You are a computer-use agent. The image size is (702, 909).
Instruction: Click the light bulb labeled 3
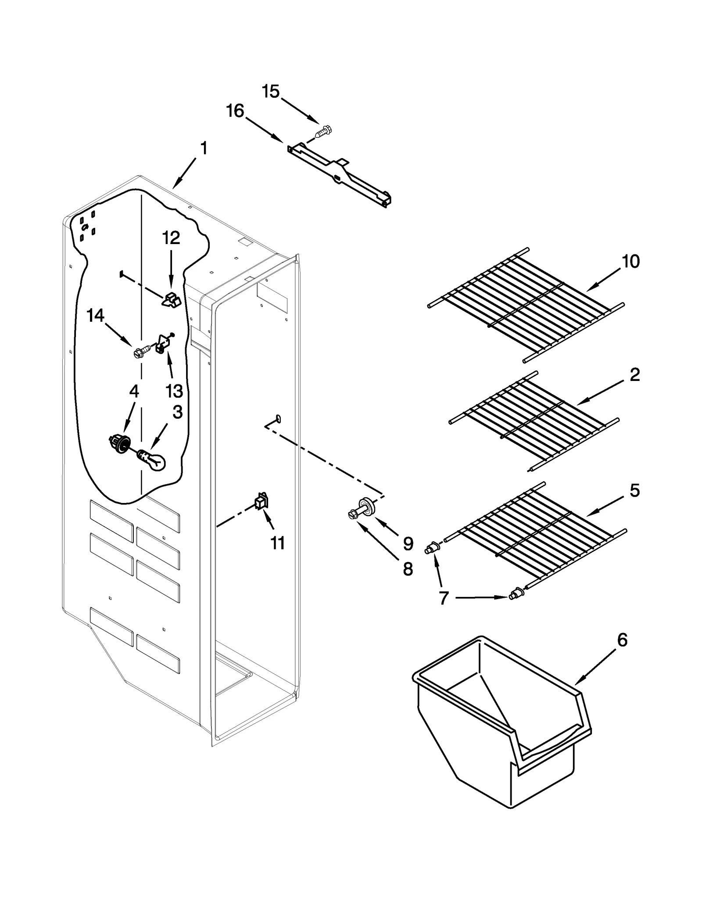point(152,460)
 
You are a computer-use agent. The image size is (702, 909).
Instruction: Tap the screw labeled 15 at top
point(324,131)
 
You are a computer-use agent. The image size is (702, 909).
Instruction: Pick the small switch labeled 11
point(261,501)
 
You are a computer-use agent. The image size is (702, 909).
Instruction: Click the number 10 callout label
point(630,262)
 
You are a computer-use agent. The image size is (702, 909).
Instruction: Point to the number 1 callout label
point(204,148)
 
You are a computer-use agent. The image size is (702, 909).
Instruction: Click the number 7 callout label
point(444,598)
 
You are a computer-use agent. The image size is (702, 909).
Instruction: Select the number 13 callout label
point(174,390)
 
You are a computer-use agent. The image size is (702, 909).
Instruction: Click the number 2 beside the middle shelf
point(634,375)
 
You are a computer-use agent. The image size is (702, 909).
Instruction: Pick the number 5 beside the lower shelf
point(634,490)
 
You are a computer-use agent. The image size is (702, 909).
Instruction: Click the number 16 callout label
point(235,111)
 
